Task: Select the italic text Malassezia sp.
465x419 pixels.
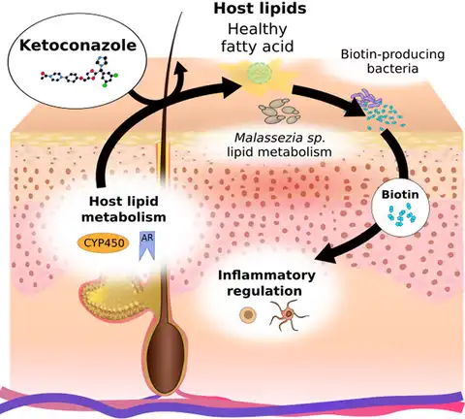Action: [x=278, y=138]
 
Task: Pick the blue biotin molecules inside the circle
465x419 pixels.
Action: [x=398, y=217]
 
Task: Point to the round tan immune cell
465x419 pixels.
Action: [x=247, y=314]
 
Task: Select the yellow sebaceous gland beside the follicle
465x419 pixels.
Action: [x=117, y=302]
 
